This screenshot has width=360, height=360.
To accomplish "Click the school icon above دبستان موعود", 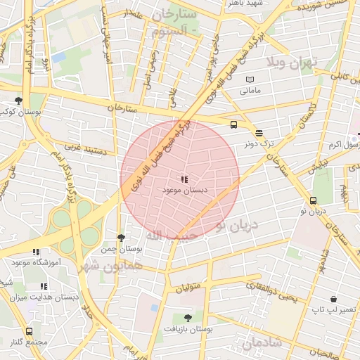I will coord(184,180).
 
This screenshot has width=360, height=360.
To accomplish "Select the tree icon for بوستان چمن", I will coord(121,238).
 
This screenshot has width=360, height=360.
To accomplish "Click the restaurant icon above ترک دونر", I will coord(259,133).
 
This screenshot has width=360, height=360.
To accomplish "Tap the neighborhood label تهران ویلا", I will coord(292,63).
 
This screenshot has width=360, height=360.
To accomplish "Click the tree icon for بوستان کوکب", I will coord(18,101).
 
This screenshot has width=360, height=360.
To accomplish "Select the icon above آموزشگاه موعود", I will coord(35,252).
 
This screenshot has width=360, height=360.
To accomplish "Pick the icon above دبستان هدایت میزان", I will coord(43,286).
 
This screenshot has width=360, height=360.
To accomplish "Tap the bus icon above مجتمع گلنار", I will coord(29,331).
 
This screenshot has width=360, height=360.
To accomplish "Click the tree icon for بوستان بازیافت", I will coord(187,318).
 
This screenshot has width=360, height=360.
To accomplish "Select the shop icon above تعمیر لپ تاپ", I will coord(350,298).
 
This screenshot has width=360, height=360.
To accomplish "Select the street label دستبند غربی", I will coord(84,149).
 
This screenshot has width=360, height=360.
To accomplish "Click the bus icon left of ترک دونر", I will coord(233,125).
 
